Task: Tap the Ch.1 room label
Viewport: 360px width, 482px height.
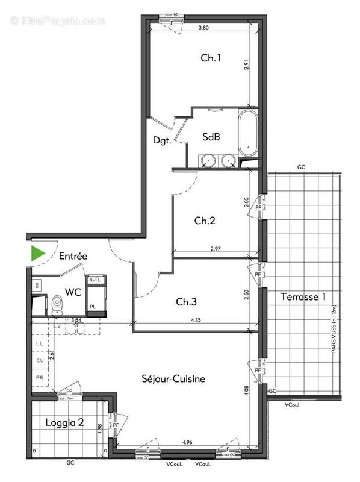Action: (x=211, y=58)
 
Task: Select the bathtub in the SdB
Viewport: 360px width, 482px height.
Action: (x=247, y=131)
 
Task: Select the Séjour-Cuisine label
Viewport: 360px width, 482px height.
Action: (x=173, y=379)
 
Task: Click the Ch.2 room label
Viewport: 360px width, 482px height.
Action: (x=205, y=221)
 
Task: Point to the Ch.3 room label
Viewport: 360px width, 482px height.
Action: (x=186, y=301)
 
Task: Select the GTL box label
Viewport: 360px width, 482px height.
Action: (x=95, y=280)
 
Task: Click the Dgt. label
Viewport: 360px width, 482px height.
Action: (x=162, y=142)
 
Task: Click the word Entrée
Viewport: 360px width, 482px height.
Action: (x=73, y=256)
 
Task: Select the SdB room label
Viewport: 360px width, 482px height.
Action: (x=211, y=137)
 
